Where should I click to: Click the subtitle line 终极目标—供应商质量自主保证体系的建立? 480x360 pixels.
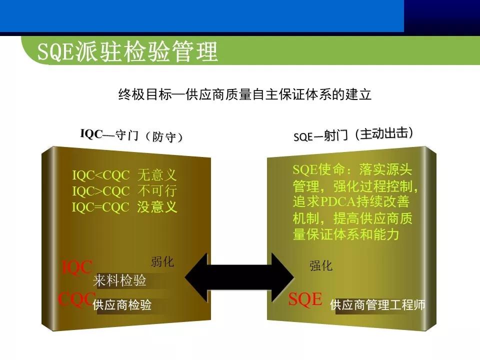tap(245, 94)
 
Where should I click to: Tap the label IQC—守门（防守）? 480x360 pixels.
tap(131, 135)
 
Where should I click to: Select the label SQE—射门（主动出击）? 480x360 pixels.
tap(353, 134)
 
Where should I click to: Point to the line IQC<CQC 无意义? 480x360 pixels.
tap(124, 175)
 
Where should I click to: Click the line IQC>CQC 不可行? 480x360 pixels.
tap(124, 191)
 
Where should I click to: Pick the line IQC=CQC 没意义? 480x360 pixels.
tap(124, 207)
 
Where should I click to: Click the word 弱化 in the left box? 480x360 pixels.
tap(162, 261)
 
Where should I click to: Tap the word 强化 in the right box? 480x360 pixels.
tap(321, 266)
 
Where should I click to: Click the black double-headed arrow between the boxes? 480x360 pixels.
tap(239, 274)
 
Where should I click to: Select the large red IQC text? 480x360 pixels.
tap(77, 267)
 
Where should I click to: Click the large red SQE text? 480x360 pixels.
tap(305, 299)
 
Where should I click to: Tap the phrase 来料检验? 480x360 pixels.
tap(119, 280)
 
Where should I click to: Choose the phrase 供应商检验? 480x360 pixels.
tap(122, 304)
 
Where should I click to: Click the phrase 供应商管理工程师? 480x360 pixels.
tap(377, 304)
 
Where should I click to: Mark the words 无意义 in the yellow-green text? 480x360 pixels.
tap(157, 175)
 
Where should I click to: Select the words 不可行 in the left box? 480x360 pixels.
tap(157, 191)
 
